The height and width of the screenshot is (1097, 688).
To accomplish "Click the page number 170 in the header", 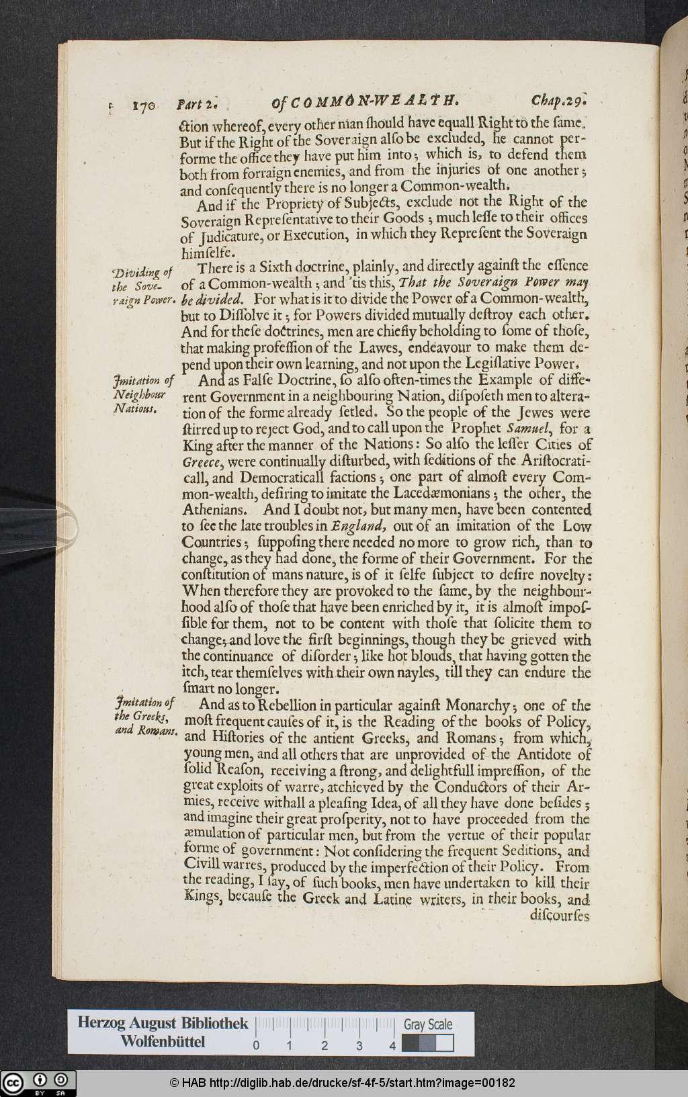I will (x=144, y=105).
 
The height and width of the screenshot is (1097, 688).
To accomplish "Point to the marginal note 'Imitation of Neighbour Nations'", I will (x=143, y=394).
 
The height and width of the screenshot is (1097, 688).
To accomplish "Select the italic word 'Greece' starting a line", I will (x=202, y=462).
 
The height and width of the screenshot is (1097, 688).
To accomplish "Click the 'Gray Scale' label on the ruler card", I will (x=428, y=1024).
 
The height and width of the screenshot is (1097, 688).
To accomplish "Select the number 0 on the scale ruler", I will (x=256, y=1046).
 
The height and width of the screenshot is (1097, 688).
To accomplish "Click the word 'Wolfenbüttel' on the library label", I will (x=163, y=1042).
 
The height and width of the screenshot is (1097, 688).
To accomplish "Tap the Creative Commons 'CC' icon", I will (x=13, y=1082).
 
